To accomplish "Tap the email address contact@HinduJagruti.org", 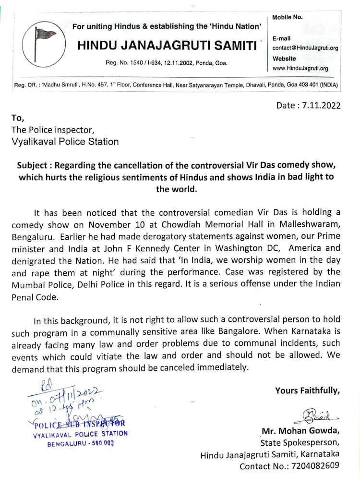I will pyautogui.click(x=305, y=48).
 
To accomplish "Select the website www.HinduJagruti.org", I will pyautogui.click(x=300, y=69).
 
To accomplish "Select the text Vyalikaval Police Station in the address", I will pyautogui.click(x=64, y=141).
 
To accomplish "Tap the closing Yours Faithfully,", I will pyautogui.click(x=307, y=391).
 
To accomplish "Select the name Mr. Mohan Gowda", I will pyautogui.click(x=300, y=430).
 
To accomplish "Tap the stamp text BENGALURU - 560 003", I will pyautogui.click(x=80, y=443).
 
